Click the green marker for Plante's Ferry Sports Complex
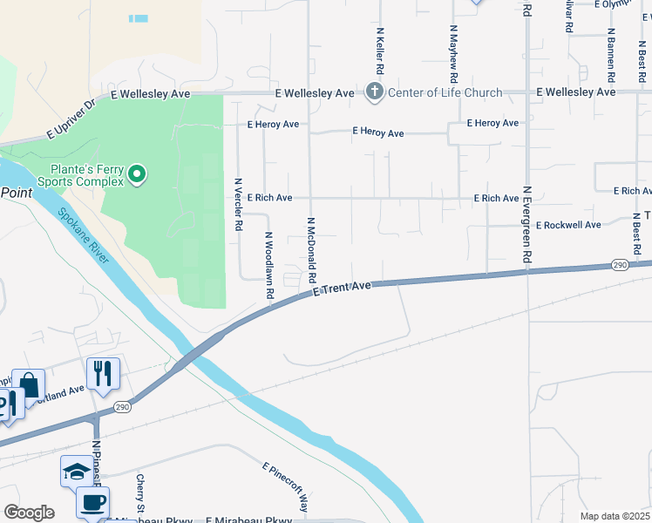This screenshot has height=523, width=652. click(x=136, y=175)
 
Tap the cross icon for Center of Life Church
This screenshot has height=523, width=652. click(x=375, y=92)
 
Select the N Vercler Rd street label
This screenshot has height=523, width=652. click(x=238, y=204)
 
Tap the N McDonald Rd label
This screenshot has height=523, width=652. click(x=310, y=249)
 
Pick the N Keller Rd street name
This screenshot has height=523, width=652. click(x=380, y=50)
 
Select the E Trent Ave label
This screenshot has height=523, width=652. click(x=343, y=289)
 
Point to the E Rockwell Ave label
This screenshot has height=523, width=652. click(x=568, y=225)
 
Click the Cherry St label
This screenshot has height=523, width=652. click(x=139, y=493)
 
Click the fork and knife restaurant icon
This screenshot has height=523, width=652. click(x=103, y=374)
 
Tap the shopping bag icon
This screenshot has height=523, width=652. click(x=28, y=385)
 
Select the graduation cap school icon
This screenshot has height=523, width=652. click(x=76, y=472)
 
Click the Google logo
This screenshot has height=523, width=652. click(x=29, y=513)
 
